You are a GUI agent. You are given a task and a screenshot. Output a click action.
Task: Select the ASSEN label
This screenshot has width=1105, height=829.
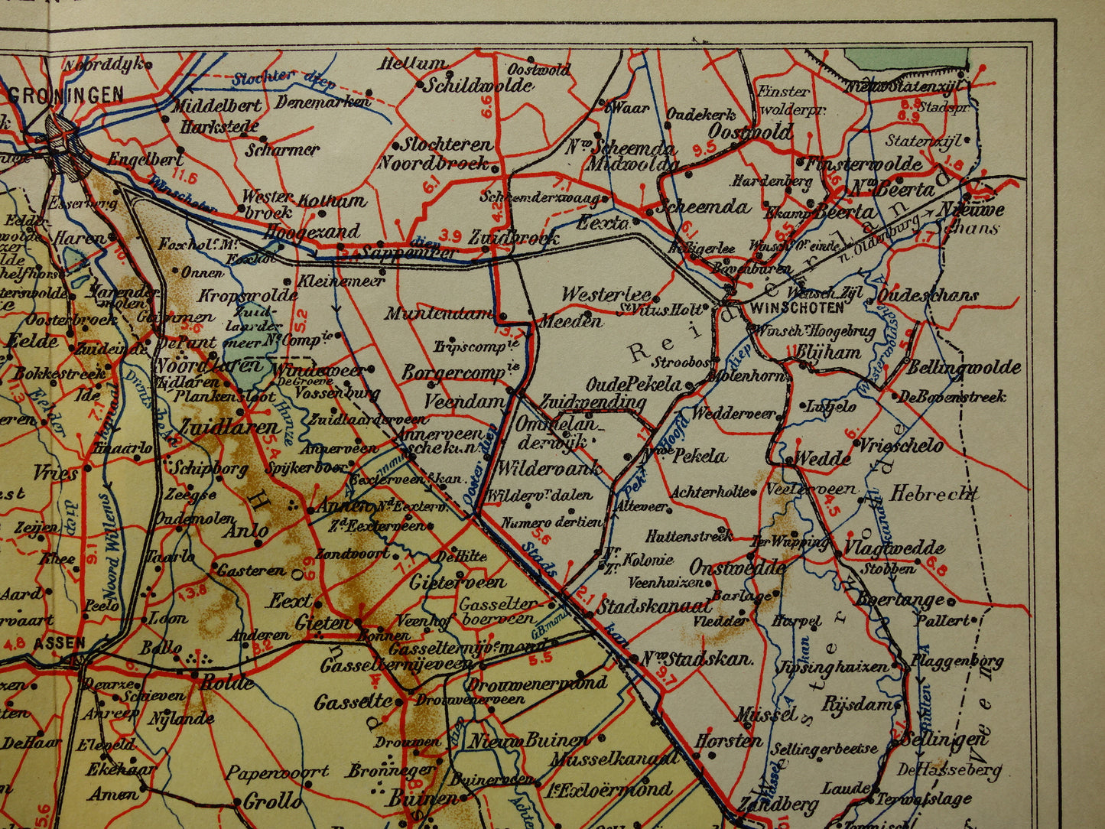coord(59,642)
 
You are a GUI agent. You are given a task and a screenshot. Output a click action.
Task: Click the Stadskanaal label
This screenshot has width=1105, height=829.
coord(654,606)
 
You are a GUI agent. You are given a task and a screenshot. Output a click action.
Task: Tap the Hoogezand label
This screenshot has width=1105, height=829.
coord(311,231)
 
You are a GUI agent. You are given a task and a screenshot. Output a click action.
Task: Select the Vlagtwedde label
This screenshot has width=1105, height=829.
coord(893,548)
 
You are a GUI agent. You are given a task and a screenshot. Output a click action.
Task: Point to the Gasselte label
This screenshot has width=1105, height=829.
coord(353,701)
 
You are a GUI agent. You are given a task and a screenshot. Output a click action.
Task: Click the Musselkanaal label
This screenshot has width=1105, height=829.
coord(614,759)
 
